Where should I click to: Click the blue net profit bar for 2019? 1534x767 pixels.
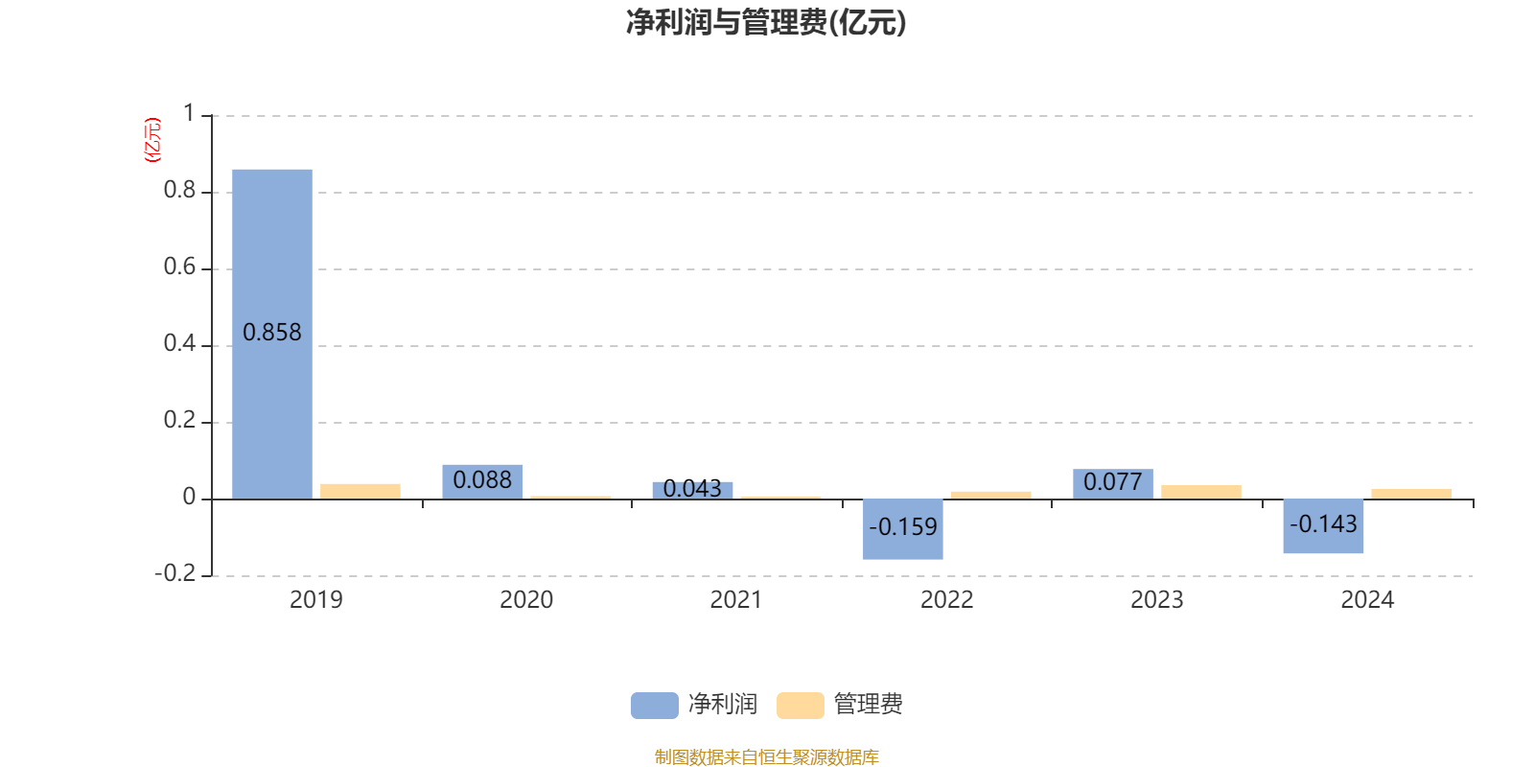272,335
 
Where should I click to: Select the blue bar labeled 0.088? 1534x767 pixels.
482,482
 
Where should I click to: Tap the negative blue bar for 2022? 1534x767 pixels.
902,529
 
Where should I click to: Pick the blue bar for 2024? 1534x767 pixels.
1323,526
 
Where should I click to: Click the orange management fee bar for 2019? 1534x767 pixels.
360,492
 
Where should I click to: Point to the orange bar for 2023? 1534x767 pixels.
1201,493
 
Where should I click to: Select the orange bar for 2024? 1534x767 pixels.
1411,494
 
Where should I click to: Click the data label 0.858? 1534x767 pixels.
272,333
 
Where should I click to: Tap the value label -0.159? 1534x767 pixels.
902,527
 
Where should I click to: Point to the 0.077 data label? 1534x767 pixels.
1113,482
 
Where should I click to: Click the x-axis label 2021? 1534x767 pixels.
736,600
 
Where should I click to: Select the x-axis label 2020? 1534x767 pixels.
526,600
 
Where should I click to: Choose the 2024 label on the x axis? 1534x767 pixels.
1367,600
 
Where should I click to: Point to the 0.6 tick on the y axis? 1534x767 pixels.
179,267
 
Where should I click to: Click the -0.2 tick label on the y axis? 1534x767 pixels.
175,573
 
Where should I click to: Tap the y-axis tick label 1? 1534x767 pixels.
189,113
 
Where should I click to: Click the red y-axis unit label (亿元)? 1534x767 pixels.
152,140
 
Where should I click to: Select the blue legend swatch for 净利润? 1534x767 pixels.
655,706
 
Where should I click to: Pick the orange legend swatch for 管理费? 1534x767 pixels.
800,706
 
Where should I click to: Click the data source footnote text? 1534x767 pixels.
766,756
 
